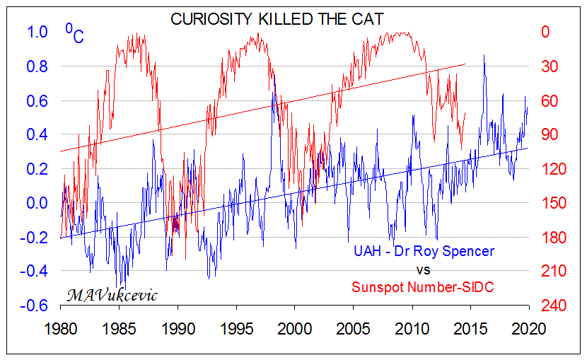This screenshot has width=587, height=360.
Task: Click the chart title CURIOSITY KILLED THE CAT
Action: [x=277, y=19]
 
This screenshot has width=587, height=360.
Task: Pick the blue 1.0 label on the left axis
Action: [x=37, y=32]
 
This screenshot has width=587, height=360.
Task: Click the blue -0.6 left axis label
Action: [x=35, y=306]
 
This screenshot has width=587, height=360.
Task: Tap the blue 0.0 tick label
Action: [x=37, y=203]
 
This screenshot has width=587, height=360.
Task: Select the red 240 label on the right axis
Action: [x=552, y=306]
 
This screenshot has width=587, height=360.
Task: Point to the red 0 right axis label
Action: [x=545, y=32]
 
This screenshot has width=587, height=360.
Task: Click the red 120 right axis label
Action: [x=552, y=169]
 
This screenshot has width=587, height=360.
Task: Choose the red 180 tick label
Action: [x=552, y=237]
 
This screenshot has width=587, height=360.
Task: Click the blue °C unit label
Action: [x=74, y=33]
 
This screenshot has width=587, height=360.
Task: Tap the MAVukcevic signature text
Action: [x=112, y=294]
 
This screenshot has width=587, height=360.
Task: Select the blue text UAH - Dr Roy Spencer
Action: [x=424, y=252]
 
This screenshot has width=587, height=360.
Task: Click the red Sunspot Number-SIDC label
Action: [x=424, y=287]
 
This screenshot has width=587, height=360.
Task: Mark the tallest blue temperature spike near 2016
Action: [x=484, y=55]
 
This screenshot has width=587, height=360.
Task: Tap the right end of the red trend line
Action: [x=465, y=64]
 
